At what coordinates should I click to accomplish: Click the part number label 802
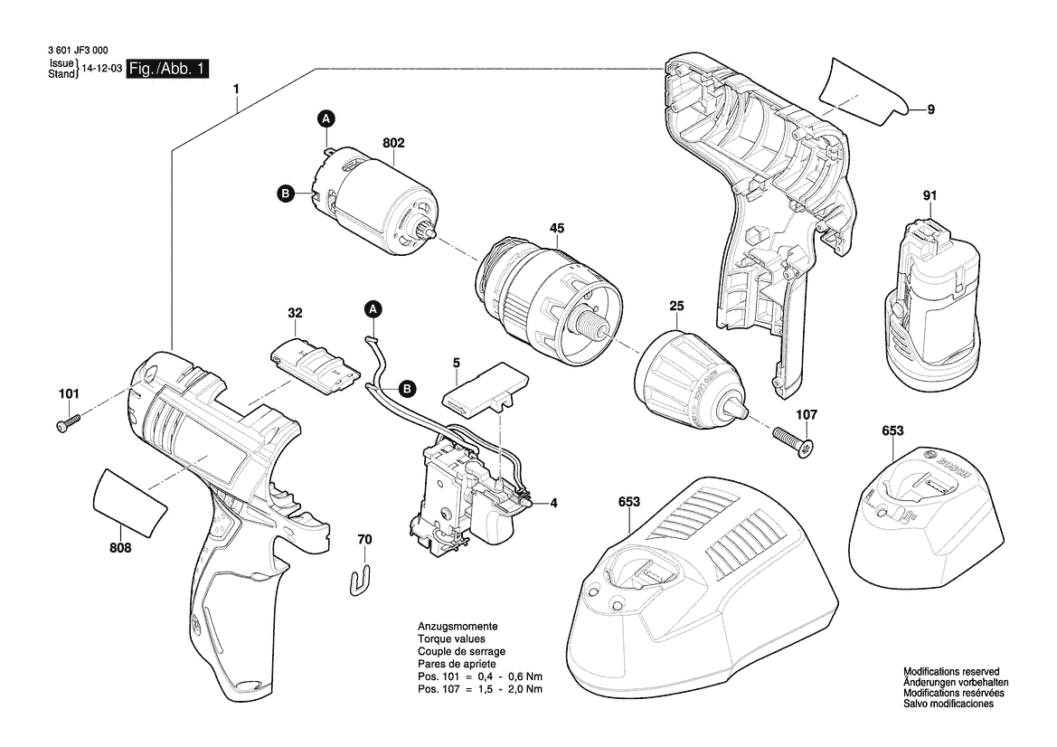pos(393,143)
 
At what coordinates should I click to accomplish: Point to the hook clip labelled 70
pos(362,577)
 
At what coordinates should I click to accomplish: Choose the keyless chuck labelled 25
pos(692,380)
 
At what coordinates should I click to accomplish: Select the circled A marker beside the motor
pos(326,118)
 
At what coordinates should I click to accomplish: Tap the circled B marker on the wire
pos(407,389)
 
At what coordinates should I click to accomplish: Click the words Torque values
pos(449,638)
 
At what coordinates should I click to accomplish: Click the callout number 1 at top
pos(237,90)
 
